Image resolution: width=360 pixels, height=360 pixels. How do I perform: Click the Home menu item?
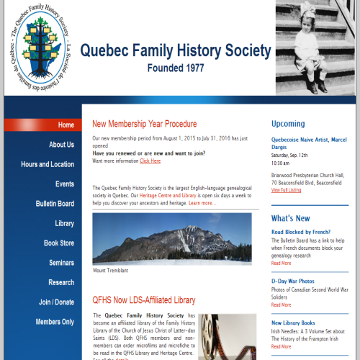click(x=66, y=125)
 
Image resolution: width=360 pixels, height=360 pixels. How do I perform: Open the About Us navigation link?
click(x=61, y=145)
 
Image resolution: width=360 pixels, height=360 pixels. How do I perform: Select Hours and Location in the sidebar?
click(x=48, y=164)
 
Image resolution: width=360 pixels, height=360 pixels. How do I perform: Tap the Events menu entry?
click(x=65, y=184)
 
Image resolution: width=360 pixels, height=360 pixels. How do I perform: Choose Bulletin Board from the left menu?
click(x=55, y=204)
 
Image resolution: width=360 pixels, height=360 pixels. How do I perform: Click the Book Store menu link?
click(x=58, y=243)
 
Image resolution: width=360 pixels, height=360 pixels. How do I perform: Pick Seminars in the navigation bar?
click(x=60, y=263)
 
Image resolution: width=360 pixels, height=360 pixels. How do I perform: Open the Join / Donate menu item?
click(x=56, y=302)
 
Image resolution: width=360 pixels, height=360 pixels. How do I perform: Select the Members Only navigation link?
click(x=55, y=322)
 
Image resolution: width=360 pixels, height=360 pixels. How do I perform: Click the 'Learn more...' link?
click(x=202, y=204)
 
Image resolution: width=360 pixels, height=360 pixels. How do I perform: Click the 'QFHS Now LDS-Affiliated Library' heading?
click(x=144, y=300)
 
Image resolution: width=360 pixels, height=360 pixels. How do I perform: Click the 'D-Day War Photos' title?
click(x=292, y=281)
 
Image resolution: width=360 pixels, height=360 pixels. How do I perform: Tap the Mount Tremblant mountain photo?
click(x=172, y=239)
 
